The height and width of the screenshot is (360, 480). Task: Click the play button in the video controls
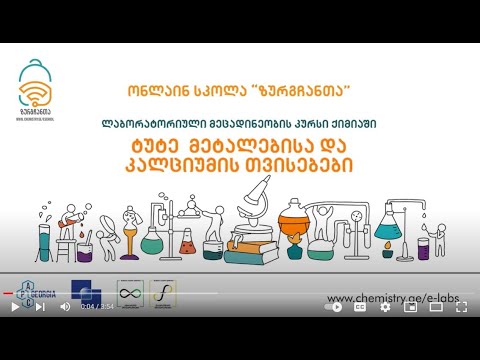15,307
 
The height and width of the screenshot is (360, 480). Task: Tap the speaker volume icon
65,307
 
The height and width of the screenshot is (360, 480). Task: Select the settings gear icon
386,307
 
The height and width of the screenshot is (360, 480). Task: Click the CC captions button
360,307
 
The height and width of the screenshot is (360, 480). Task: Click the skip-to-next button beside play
39,307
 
